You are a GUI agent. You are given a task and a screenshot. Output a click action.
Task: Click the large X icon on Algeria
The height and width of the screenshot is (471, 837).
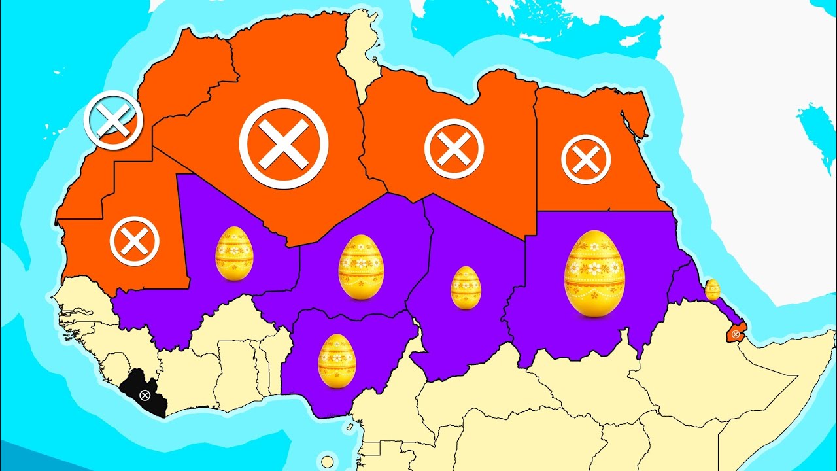click(x=283, y=145)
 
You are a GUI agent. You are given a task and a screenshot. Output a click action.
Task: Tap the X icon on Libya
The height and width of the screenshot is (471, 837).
click(x=454, y=148)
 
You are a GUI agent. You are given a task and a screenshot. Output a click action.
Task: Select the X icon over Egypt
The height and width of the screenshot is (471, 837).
click(x=586, y=159)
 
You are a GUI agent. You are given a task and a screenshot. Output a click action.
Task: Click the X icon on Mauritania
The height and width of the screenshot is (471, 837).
click(x=135, y=241)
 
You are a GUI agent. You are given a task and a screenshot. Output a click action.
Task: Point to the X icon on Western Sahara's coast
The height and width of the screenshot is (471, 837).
click(x=113, y=120)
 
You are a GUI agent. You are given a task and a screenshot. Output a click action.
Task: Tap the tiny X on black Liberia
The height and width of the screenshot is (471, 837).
click(x=145, y=394)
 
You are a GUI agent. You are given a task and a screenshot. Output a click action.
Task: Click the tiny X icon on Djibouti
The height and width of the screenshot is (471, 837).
click(x=736, y=334)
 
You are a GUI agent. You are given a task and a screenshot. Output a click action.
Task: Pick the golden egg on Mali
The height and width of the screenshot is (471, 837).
click(x=234, y=253)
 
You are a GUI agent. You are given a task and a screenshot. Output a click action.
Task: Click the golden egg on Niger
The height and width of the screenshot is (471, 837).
click(x=361, y=266)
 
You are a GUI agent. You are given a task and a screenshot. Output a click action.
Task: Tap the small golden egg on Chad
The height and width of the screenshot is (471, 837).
click(x=466, y=287)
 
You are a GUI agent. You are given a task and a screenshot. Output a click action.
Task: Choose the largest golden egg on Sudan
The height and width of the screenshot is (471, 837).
click(x=594, y=273)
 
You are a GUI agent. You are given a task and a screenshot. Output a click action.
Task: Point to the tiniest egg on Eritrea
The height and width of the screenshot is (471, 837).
click(x=712, y=289)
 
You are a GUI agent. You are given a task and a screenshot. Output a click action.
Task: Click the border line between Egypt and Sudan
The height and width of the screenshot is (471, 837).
click(x=602, y=211)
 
